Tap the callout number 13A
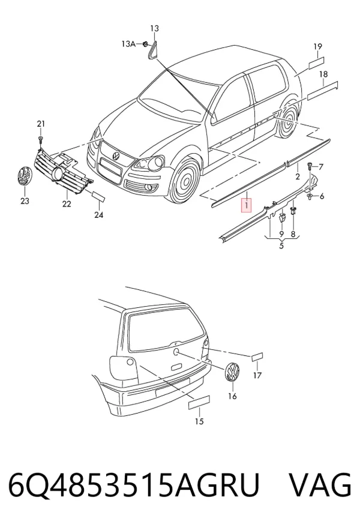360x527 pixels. pos(128,44)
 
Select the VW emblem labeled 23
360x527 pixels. pos(25,176)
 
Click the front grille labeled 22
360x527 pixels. pos(62,172)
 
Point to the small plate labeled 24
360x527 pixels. pos(99,197)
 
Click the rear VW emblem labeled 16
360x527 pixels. pos(232,372)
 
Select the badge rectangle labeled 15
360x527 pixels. pos(199,402)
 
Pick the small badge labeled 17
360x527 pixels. pos(257,357)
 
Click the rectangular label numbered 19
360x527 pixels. pos(316,62)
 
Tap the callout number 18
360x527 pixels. pos(323,74)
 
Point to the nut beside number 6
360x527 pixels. pos(309,196)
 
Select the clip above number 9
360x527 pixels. pos(282,218)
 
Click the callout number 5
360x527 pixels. pos(281,245)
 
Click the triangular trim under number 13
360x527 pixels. pos(153,50)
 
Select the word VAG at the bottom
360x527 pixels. pos(321,486)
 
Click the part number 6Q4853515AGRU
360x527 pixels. pos(134,486)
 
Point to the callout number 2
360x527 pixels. pos(297,176)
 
